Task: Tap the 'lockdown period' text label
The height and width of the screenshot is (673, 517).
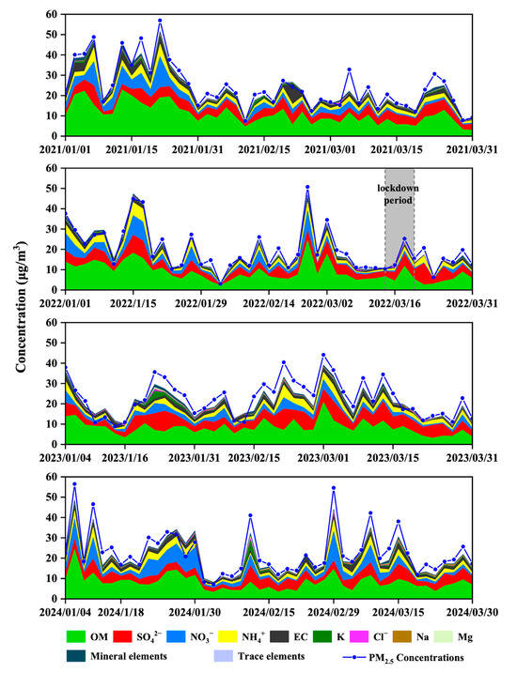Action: [x=399, y=193]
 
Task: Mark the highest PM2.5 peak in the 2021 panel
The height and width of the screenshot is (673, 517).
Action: [x=160, y=21]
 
